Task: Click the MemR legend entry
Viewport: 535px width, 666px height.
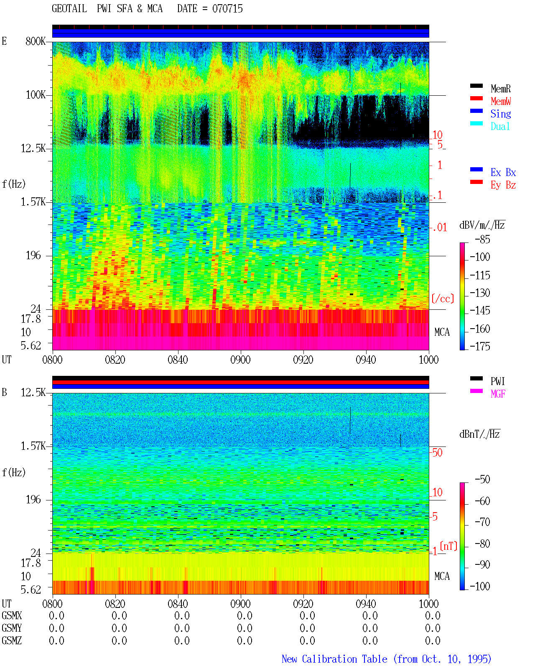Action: tap(500, 89)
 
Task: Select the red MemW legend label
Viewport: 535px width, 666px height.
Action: tap(500, 101)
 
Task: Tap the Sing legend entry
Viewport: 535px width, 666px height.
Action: tap(500, 114)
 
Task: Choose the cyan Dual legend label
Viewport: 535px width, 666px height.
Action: tap(500, 126)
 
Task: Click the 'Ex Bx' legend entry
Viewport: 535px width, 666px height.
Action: tap(503, 172)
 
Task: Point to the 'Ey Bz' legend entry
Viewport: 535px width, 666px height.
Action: tap(503, 185)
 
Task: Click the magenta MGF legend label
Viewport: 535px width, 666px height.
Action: tap(498, 394)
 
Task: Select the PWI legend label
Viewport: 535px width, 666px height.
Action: tap(497, 381)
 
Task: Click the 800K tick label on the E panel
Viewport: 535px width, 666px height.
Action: tap(36, 41)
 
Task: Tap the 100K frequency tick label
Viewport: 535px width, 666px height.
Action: tap(36, 95)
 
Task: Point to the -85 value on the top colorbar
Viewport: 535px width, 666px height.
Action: tap(482, 239)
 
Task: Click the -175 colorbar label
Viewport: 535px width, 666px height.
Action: tap(480, 346)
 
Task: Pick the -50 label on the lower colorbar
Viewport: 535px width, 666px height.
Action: tap(482, 480)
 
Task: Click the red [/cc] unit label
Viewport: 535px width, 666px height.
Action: tap(443, 299)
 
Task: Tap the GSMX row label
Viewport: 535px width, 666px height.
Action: tap(12, 615)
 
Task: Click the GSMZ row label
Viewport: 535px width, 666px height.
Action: tap(12, 640)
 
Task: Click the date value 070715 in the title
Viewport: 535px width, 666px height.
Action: tap(227, 9)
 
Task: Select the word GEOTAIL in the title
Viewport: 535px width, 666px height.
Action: tap(69, 9)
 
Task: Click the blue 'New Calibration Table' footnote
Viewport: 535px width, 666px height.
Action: tap(334, 659)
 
